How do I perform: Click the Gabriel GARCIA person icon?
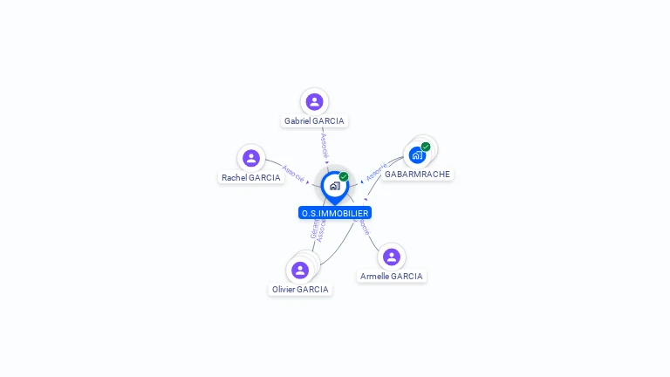314,101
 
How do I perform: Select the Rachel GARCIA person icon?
251,158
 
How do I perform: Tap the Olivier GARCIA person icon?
300,270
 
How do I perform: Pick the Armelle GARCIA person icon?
392,257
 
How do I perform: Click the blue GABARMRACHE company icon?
417,155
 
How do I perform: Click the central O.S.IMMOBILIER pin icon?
334,186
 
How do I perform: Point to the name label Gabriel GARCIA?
314,121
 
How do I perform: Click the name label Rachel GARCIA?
251,177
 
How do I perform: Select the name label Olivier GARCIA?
300,290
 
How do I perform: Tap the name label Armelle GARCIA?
392,277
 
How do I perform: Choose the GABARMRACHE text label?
417,175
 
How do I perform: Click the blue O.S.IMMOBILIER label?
334,213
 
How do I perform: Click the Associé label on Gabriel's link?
324,145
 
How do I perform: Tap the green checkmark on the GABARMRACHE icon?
426,147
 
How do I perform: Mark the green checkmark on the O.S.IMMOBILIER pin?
344,177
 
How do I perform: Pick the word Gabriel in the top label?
298,121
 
